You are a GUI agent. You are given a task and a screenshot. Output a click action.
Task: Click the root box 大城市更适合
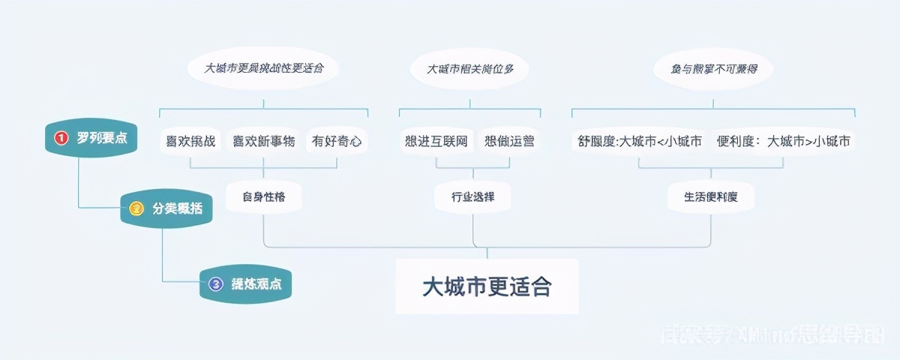click(x=487, y=286)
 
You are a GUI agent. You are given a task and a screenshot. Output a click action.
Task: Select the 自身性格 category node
click(x=263, y=197)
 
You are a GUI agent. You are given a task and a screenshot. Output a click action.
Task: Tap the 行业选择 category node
click(x=472, y=197)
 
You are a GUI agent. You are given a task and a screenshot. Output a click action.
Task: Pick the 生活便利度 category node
click(x=710, y=197)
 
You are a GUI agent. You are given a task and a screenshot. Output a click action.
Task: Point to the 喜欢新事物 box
click(x=264, y=140)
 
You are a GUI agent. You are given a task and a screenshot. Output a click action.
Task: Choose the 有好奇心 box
click(x=337, y=140)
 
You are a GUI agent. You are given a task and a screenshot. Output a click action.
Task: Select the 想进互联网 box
click(x=436, y=140)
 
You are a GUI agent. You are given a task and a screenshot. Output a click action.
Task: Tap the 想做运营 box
click(x=510, y=140)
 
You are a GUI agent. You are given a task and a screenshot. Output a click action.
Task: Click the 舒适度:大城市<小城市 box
click(x=640, y=140)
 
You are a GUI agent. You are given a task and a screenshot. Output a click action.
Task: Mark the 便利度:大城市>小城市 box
click(x=783, y=140)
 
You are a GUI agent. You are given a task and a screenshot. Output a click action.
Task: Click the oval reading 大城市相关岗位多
click(x=470, y=68)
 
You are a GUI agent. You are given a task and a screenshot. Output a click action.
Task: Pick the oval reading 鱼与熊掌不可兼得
click(x=714, y=68)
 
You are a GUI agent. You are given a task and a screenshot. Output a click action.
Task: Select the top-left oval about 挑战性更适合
click(x=263, y=68)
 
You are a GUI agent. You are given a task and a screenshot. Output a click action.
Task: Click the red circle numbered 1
click(x=61, y=138)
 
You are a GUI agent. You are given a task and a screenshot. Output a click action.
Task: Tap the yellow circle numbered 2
click(x=136, y=208)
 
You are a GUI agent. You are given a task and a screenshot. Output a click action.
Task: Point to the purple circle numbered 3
click(x=216, y=284)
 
